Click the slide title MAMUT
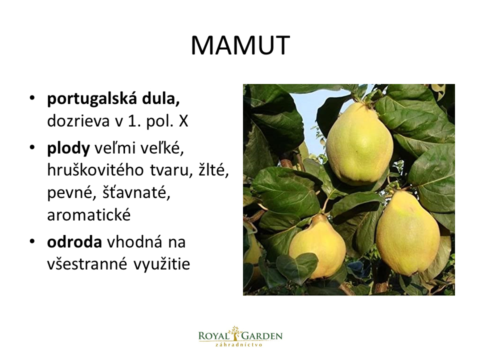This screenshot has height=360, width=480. (240, 45)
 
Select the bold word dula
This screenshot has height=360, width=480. (160, 99)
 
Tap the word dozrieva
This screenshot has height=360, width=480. (78, 121)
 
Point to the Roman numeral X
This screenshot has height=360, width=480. (183, 121)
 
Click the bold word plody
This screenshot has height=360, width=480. (68, 149)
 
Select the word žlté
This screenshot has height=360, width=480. (213, 169)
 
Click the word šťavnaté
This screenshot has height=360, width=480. (136, 193)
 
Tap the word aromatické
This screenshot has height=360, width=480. (89, 214)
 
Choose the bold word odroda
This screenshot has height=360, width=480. (74, 242)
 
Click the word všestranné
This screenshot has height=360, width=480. (87, 264)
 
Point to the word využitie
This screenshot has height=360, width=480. (161, 264)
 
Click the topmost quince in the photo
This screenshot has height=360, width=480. (359, 143)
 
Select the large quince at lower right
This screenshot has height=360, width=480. (408, 233)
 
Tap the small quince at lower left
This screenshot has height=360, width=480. (317, 246)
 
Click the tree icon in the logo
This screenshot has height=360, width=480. (235, 333)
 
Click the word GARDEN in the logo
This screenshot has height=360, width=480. (262, 336)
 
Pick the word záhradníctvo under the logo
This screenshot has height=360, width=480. (239, 344)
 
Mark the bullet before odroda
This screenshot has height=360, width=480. (32, 241)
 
